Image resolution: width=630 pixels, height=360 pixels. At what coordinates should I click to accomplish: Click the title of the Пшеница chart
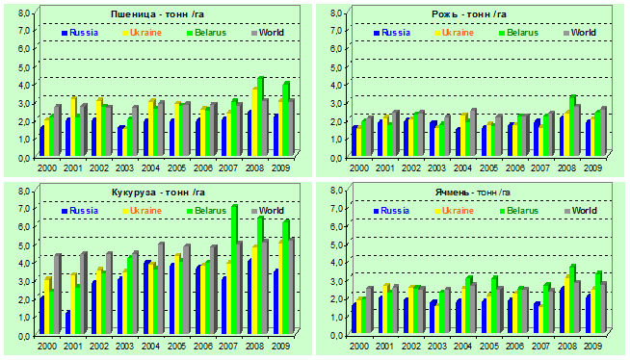158,14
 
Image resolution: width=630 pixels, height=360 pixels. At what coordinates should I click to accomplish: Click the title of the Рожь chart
469,14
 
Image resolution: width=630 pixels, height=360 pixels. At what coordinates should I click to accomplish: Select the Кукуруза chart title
158,193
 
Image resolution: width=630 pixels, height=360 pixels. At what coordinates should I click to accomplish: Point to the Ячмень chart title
472,193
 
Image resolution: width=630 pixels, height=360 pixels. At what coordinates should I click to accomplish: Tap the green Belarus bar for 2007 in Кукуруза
233,270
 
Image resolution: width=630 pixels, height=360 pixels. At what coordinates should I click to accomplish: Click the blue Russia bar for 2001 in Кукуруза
67,322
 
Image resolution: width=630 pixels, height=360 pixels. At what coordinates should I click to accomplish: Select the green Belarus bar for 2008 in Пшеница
259,116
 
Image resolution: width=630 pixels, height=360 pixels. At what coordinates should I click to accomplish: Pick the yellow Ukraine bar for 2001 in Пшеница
72,126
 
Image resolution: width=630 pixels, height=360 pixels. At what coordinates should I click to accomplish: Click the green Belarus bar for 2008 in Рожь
572,126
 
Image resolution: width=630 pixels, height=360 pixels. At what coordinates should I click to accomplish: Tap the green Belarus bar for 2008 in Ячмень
572,299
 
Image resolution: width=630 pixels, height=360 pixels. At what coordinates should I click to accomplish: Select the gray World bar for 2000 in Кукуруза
57,294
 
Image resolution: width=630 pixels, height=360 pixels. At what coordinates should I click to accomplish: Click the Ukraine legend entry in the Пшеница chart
142,33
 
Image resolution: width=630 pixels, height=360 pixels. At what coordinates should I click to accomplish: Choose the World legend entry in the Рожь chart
580,33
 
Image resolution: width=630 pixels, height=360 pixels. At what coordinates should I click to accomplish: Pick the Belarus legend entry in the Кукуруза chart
206,211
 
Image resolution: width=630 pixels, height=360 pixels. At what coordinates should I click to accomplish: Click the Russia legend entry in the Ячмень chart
391,211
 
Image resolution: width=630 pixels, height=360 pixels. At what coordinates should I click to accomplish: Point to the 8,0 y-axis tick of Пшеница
24,13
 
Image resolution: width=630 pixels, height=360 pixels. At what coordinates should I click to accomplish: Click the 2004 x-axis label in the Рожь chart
462,167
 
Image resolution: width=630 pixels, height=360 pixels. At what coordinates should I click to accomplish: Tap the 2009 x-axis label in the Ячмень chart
592,346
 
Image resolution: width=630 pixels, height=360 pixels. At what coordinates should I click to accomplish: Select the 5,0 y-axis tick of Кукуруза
24,244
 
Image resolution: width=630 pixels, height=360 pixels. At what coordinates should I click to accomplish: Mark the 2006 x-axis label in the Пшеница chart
203,167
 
